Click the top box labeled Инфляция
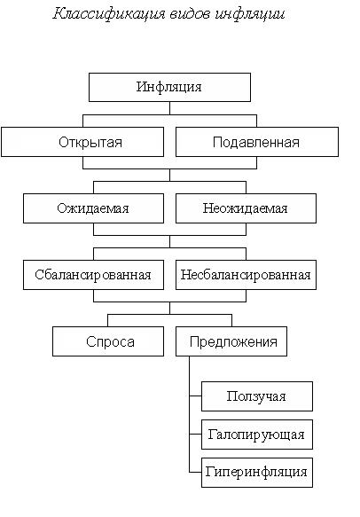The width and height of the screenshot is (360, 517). pos(169,87)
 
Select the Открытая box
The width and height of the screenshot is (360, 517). pos(82,142)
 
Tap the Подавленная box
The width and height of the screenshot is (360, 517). pos(257,142)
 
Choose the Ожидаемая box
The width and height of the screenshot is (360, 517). pos(93,208)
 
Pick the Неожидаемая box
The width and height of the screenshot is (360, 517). pos(246,208)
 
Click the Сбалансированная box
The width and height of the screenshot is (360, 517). pos(93,275)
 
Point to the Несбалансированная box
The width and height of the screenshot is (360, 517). pos(246,275)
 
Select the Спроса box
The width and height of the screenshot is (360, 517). pos(108,341)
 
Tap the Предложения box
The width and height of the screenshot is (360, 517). pos(231,341)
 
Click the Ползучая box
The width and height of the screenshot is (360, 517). pos(257,396)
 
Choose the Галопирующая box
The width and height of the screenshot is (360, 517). pos(257,435)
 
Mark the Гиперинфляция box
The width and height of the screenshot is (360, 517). pos(257,473)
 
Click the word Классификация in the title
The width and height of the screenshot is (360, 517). pos(109,14)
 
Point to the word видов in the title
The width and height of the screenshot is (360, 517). pos(190,14)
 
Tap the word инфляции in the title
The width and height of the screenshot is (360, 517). pos(250,14)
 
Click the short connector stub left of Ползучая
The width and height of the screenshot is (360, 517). pos(195,396)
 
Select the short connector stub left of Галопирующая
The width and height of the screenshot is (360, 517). pos(195,434)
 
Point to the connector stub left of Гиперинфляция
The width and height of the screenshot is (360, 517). pos(195,472)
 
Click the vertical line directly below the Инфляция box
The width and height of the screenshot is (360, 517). pos(169,108)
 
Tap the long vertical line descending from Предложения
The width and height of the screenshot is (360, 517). pos(190,414)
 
